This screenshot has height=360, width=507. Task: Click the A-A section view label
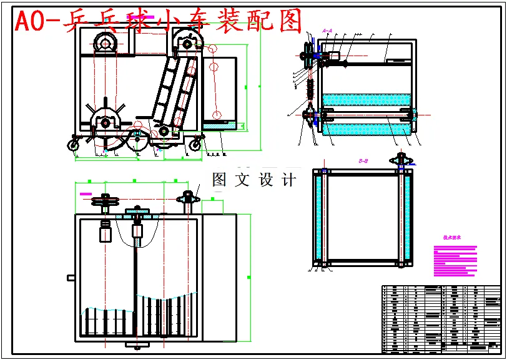[327, 30]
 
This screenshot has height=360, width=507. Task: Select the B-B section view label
[363, 161]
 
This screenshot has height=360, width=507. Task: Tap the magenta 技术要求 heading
[451, 238]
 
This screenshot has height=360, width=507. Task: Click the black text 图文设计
[253, 180]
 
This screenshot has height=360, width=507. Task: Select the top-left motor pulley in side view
[104, 44]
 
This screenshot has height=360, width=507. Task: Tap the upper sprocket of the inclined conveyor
[185, 42]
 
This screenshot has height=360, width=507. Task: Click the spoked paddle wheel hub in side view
[105, 122]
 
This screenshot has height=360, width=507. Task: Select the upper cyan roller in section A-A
[365, 99]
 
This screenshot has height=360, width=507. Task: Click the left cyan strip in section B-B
[320, 218]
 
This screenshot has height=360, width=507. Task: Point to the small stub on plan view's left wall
[71, 277]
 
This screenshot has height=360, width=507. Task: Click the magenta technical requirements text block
[455, 260]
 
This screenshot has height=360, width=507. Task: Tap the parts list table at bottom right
[441, 318]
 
